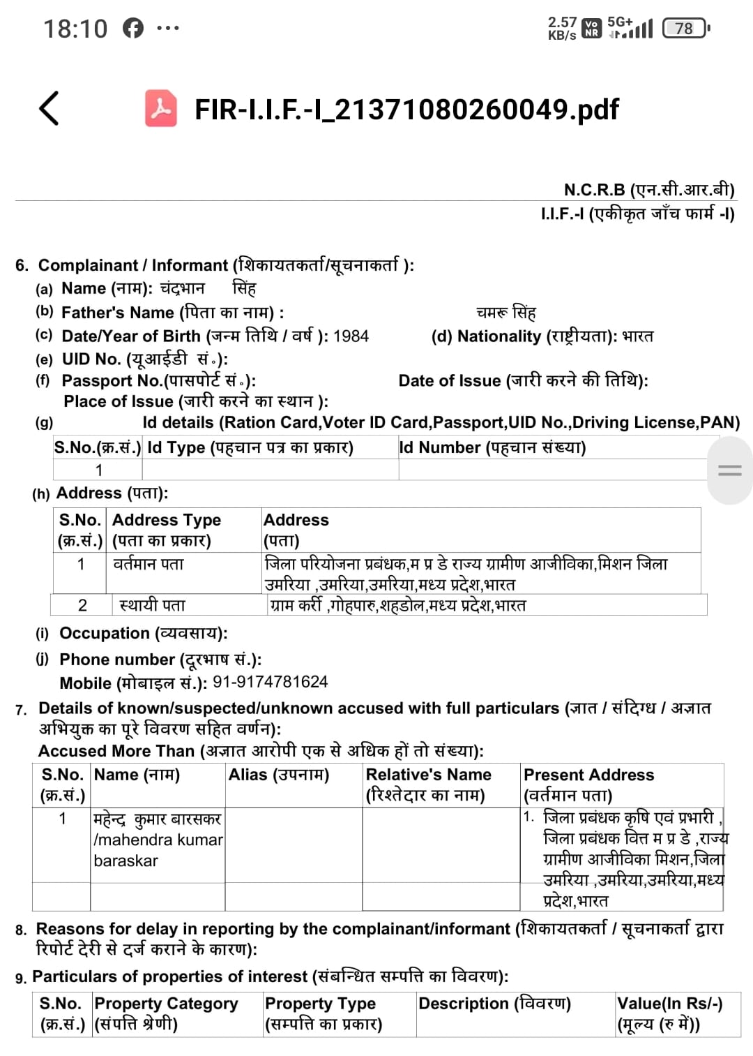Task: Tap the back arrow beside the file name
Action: pyautogui.click(x=49, y=108)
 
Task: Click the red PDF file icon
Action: pyautogui.click(x=161, y=108)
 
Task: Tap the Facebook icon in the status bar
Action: pyautogui.click(x=133, y=28)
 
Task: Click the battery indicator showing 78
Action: pyautogui.click(x=685, y=28)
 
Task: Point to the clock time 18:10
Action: pyautogui.click(x=75, y=29)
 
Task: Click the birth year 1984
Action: pyautogui.click(x=351, y=336)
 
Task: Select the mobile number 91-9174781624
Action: pyautogui.click(x=270, y=682)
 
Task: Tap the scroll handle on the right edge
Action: pyautogui.click(x=729, y=470)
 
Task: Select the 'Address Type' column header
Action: pyautogui.click(x=167, y=520)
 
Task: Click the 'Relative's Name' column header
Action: pyautogui.click(x=428, y=775)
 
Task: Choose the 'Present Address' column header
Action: pyautogui.click(x=588, y=775)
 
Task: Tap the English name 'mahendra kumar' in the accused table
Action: pyautogui.click(x=158, y=840)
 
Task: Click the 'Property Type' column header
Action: pyautogui.click(x=320, y=1004)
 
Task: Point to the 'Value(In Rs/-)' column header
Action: pyautogui.click(x=669, y=1004)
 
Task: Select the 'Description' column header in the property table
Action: pyautogui.click(x=494, y=1004)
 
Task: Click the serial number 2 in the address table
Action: pyautogui.click(x=82, y=605)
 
